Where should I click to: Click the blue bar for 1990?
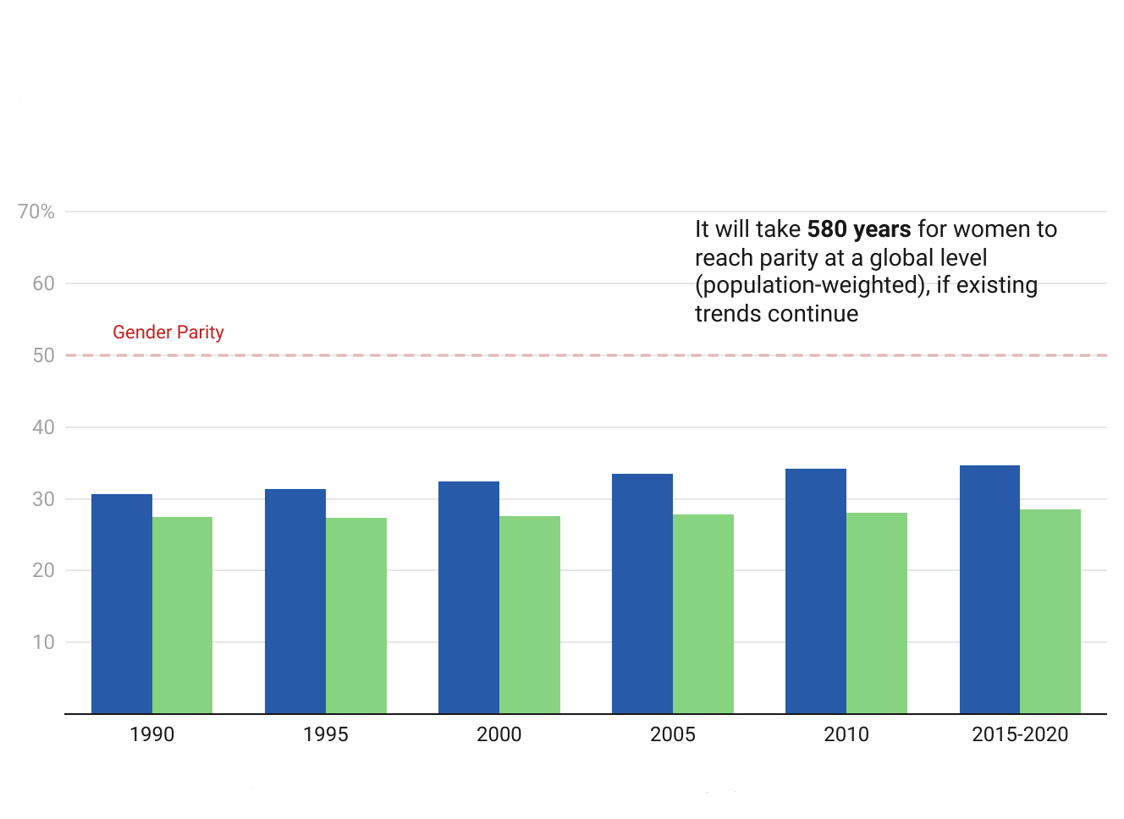(x=122, y=604)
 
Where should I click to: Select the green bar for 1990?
(x=182, y=615)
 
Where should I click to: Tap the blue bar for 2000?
(x=469, y=597)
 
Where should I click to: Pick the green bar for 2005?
(x=703, y=614)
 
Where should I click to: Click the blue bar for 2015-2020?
(x=989, y=590)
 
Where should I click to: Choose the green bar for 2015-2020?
(x=1050, y=612)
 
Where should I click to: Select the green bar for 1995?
(x=356, y=616)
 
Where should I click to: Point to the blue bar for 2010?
(x=816, y=591)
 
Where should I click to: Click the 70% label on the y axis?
(x=36, y=212)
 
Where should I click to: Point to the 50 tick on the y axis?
(x=43, y=355)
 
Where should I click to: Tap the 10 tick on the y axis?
(x=43, y=642)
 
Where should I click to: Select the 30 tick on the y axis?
(x=43, y=499)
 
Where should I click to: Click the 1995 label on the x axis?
(x=326, y=734)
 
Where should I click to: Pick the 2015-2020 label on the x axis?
(x=1020, y=734)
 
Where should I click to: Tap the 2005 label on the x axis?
(x=673, y=734)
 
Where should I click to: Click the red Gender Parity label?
(x=168, y=333)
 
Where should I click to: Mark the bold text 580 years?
(x=859, y=229)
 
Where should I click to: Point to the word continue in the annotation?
(x=817, y=314)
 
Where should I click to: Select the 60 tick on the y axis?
(x=43, y=283)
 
